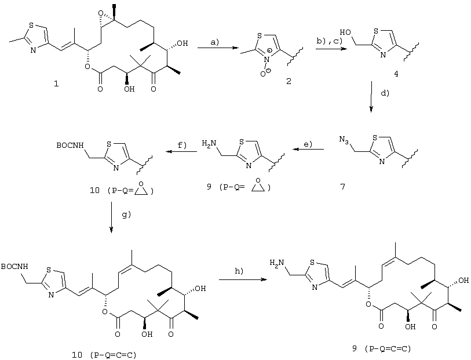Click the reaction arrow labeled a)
tap(217, 48)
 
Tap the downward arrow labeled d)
tap(371, 96)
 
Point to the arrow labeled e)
tap(308, 149)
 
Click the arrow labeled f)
tap(182, 151)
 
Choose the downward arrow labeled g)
tap(111, 217)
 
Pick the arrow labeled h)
tap(243, 279)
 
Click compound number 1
tap(56, 84)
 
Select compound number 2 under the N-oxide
tap(289, 81)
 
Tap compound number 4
tap(396, 74)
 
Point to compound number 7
tap(343, 187)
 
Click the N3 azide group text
tap(344, 140)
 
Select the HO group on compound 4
tap(345, 32)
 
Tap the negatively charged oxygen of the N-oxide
tap(263, 74)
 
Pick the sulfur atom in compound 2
tap(260, 35)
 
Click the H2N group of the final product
tap(276, 263)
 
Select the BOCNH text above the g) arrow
tap(70, 146)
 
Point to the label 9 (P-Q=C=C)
tap(381, 348)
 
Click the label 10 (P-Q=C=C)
tap(104, 355)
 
